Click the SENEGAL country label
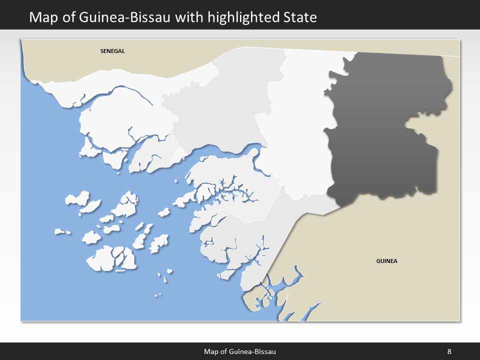(x=112, y=51)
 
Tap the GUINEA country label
(x=386, y=261)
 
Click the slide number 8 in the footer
(x=449, y=351)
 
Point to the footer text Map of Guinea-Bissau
(x=240, y=351)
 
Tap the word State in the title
(x=299, y=17)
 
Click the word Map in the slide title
(x=42, y=17)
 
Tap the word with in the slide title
(x=191, y=17)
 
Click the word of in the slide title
(x=67, y=17)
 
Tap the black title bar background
(x=400, y=15)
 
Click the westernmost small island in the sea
(x=62, y=232)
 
